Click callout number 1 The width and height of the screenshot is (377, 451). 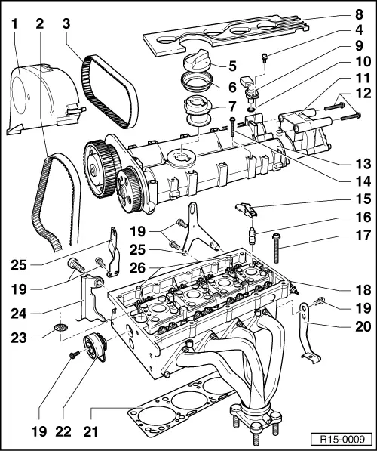pos(14,23)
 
